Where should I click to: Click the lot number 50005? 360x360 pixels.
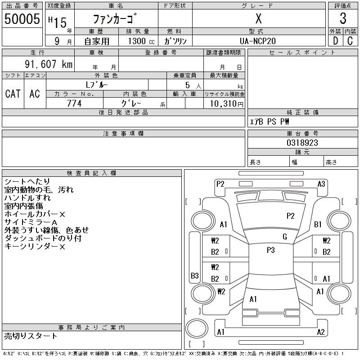click(22, 18)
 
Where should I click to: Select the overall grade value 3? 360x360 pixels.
click(343, 18)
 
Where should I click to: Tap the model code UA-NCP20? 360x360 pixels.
click(258, 40)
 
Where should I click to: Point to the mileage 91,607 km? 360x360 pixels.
click(48, 64)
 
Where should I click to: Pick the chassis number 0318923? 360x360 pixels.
click(302, 143)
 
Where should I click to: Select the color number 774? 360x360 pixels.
click(74, 103)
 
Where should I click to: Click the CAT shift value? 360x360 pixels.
click(13, 94)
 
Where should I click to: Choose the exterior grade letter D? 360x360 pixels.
click(335, 40)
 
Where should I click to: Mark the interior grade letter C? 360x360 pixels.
click(350, 40)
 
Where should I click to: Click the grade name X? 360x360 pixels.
click(258, 19)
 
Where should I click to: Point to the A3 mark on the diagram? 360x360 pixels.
click(321, 184)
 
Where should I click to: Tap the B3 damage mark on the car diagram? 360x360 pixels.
click(195, 276)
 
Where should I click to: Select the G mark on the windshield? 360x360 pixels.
click(285, 237)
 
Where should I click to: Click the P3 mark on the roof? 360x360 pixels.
click(270, 250)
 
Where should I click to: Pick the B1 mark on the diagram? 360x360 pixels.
click(318, 224)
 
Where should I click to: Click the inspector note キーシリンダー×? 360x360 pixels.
click(35, 247)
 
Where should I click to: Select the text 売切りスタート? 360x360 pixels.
click(31, 336)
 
